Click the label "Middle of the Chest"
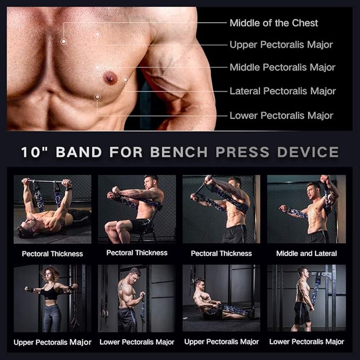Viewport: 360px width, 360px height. coord(274,23)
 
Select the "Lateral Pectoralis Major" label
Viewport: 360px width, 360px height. coord(283,91)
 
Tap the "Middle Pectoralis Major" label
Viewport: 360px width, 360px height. coord(283,67)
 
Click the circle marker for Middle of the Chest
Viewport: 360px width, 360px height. coord(64,41)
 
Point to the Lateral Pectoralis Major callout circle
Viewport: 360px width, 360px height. coord(125,80)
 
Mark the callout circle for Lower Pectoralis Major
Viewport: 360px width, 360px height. coord(98,97)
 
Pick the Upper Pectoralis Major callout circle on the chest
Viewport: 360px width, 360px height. coord(98,34)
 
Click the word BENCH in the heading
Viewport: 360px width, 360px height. coord(179,152)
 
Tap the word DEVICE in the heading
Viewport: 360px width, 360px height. coord(308,152)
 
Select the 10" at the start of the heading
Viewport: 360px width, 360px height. coord(34,152)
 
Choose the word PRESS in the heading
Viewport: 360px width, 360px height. coord(242,152)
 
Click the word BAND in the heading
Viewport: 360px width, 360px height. coord(79,152)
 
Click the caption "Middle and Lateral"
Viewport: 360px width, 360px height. coord(306,253)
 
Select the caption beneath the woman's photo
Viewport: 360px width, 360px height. coord(52,342)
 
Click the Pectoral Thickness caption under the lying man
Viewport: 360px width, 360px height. coord(52,254)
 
